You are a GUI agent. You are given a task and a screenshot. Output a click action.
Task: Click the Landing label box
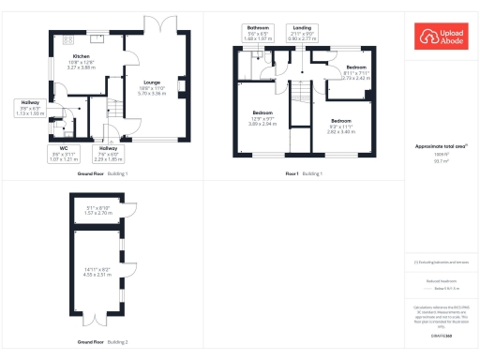(302, 31)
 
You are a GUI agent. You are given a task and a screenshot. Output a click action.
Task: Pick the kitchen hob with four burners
(67, 40)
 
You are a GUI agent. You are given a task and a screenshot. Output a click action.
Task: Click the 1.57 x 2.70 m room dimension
(98, 213)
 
